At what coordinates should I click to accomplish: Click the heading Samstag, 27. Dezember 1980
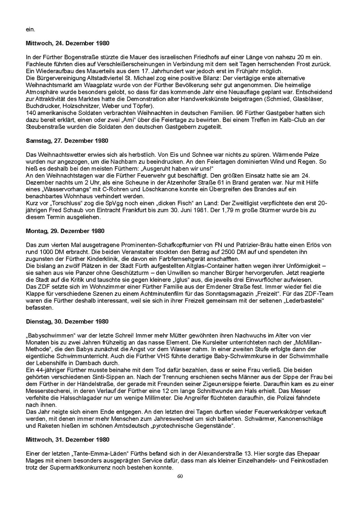pos(67,141)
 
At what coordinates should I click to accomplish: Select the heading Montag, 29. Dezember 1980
pos(65,231)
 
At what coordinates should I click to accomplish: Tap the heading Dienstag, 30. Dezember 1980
pos(67,322)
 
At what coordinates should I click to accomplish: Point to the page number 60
pos(180,477)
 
